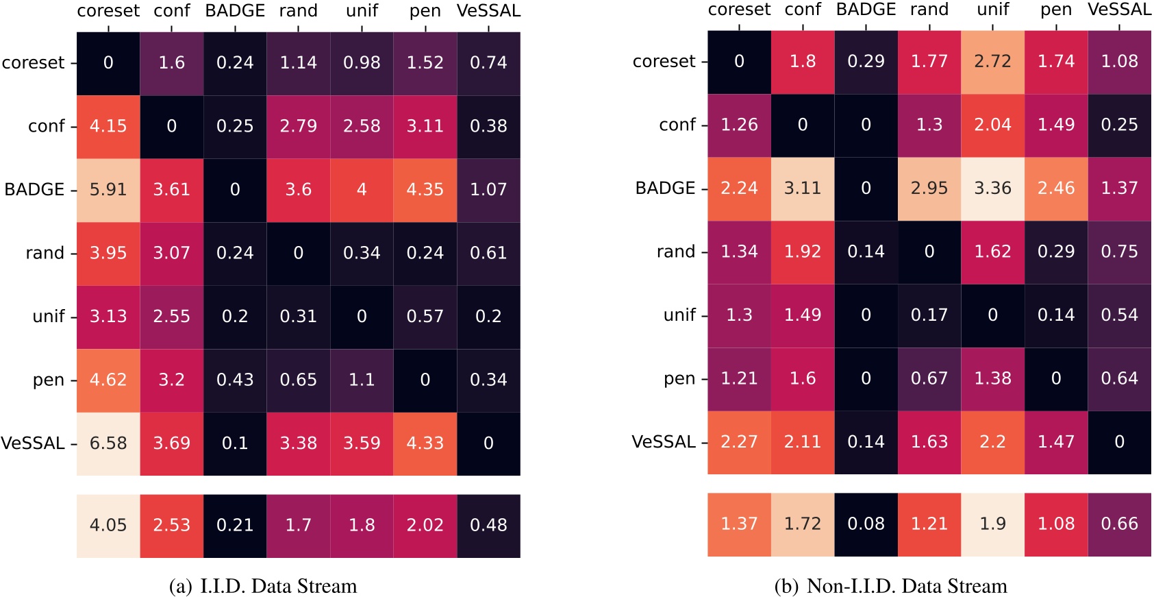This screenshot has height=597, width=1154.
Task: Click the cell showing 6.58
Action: tap(108, 443)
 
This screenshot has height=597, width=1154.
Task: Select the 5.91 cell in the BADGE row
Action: tap(108, 190)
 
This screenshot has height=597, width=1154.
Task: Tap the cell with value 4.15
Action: tap(108, 126)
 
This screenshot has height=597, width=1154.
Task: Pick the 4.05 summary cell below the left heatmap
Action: tap(108, 526)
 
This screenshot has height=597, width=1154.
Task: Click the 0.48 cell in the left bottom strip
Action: tap(488, 526)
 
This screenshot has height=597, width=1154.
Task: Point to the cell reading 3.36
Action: tap(992, 188)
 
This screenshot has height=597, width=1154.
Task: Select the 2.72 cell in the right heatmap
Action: tap(992, 62)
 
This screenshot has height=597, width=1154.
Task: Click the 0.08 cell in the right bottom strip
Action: tap(866, 524)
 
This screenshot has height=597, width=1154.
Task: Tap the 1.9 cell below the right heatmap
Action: tap(992, 524)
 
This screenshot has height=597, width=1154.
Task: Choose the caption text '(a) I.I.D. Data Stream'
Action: tap(263, 587)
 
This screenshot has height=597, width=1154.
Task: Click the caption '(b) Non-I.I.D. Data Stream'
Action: tap(890, 587)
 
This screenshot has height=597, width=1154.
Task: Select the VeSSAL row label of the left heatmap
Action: tap(33, 443)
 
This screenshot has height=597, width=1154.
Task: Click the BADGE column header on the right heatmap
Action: tap(866, 10)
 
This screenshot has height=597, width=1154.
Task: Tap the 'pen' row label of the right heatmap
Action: tap(679, 379)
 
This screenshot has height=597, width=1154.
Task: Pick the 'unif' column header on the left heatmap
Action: tap(362, 11)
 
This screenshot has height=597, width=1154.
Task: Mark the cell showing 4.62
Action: tap(108, 380)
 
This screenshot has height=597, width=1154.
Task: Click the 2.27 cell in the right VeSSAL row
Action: tap(739, 442)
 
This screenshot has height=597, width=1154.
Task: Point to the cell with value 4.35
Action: tap(425, 190)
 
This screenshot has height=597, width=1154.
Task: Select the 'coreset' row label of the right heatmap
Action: tap(664, 62)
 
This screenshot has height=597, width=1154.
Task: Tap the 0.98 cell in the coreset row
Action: tap(362, 63)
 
